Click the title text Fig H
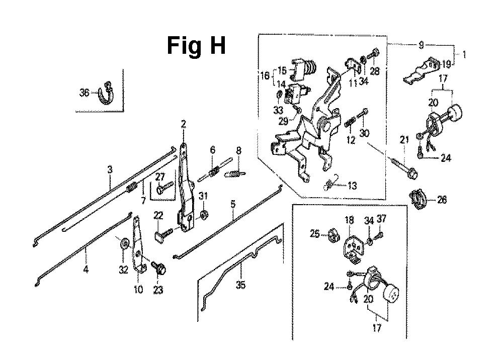pyautogui.click(x=196, y=46)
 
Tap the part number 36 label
pyautogui.click(x=84, y=92)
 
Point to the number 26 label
pyautogui.click(x=442, y=200)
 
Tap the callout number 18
pyautogui.click(x=349, y=220)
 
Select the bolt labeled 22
pyautogui.click(x=161, y=233)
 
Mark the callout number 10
pyautogui.click(x=138, y=290)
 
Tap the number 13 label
pyautogui.click(x=352, y=187)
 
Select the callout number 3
pyautogui.click(x=110, y=169)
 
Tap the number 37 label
pyautogui.click(x=382, y=220)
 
